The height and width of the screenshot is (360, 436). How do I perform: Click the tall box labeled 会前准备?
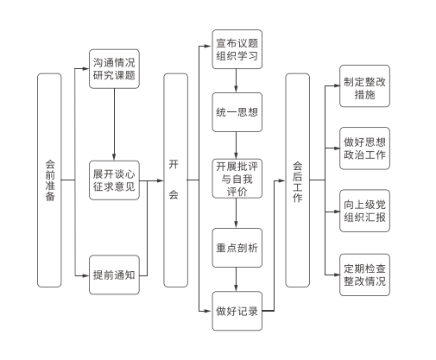pos(49,180)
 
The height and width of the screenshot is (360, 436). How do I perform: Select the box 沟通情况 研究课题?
pos(114,69)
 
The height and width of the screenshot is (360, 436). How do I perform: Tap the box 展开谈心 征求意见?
pos(114,180)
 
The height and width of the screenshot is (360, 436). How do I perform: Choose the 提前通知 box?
pos(114,275)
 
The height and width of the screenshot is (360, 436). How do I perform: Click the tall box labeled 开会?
pos(175,180)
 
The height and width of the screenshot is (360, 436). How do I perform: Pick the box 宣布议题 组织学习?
pos(237,49)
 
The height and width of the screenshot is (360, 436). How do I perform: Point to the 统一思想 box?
pos(237,112)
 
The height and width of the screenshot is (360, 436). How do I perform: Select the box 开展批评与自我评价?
pos(237,179)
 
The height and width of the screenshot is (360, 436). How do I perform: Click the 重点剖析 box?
pos(237,248)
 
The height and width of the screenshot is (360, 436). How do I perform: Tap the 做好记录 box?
pos(237,311)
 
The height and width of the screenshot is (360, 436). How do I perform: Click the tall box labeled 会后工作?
pos(298,180)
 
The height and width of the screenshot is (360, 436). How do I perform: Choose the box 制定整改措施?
pos(364,86)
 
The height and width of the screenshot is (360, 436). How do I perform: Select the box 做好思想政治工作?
pos(364,148)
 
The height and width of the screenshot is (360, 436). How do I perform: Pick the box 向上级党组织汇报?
pos(364,211)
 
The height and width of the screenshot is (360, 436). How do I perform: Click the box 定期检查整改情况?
pos(364,275)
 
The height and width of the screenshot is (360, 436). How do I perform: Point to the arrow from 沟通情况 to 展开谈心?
pos(114,124)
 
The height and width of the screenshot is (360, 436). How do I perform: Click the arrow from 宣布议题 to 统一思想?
pos(236,80)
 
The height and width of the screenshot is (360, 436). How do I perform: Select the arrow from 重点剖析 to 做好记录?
pos(236,280)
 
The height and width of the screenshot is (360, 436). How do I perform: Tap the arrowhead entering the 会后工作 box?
pos(281,180)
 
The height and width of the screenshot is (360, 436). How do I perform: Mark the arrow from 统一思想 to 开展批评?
pos(236,145)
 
